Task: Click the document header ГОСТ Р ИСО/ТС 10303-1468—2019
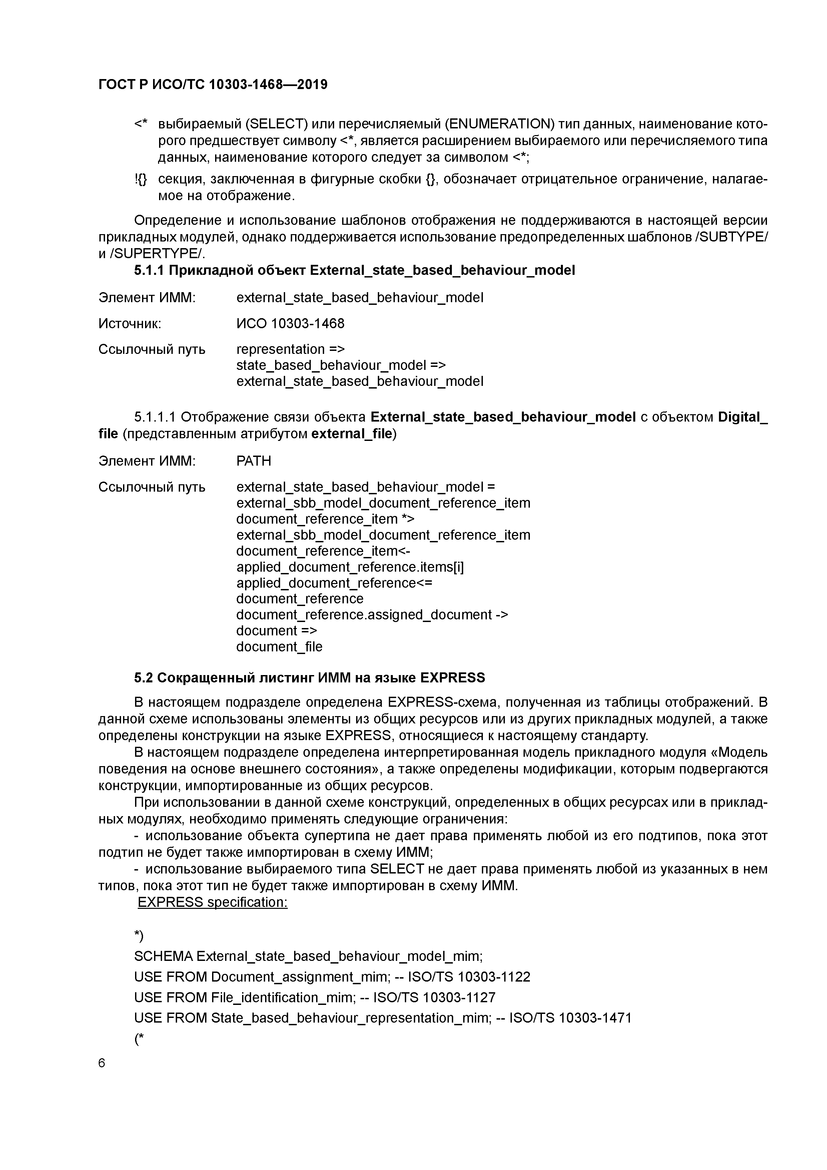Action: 212,85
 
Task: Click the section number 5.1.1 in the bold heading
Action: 149,270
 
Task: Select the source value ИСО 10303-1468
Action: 290,324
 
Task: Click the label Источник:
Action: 130,324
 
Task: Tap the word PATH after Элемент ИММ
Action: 254,461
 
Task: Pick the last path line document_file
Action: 279,647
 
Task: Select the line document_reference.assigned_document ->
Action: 372,615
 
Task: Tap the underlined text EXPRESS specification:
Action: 212,903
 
